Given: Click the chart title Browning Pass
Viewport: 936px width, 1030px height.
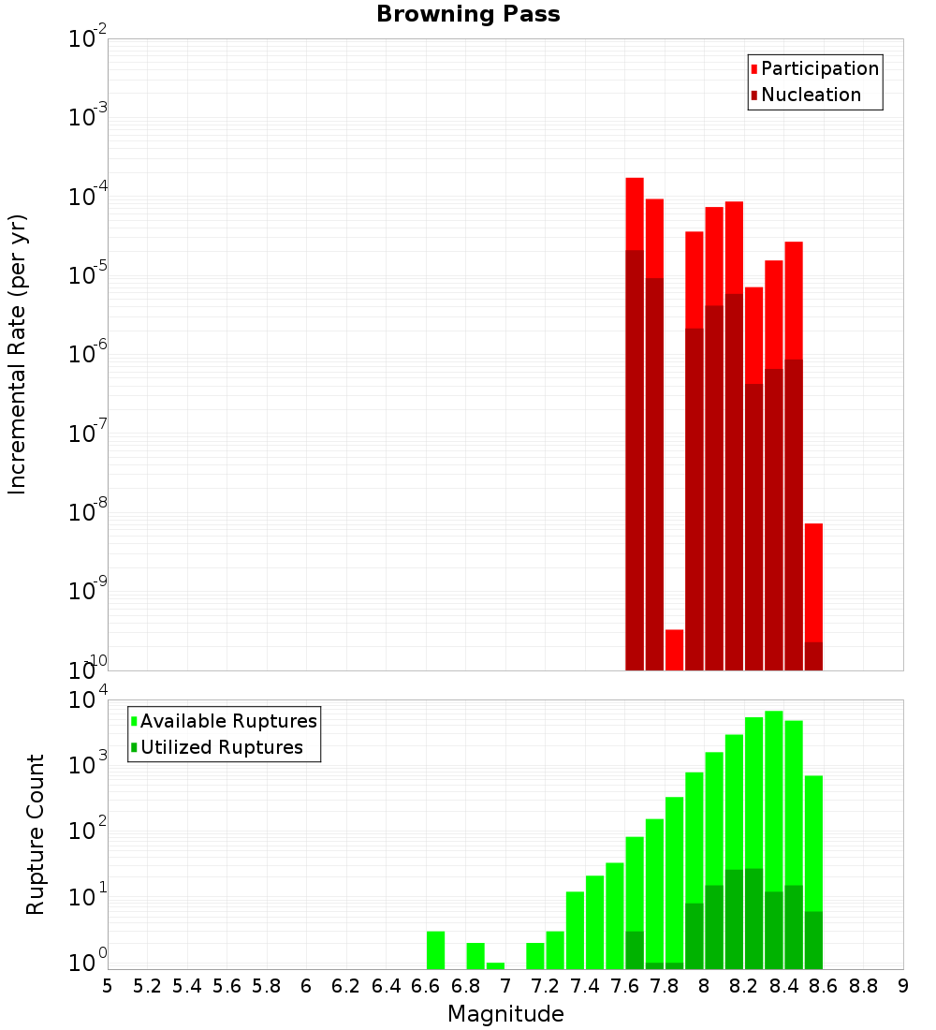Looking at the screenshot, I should pos(468,14).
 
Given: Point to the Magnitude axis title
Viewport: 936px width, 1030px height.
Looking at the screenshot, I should pos(505,1014).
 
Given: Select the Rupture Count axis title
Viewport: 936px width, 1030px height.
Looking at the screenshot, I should pos(36,833).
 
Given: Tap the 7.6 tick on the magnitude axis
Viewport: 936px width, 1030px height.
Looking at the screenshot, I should pos(624,986).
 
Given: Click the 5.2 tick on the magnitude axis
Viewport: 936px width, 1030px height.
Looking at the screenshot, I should pos(147,986).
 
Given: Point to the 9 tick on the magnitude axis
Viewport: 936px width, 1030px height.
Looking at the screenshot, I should pos(903,986).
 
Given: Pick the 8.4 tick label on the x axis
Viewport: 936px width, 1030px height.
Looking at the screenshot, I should pos(783,986).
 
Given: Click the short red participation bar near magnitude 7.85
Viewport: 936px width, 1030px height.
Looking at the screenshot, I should pos(674,650).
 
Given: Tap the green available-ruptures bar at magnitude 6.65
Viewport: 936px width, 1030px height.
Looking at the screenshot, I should pos(435,949).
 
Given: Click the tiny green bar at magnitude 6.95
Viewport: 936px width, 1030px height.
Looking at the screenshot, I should pos(495,965).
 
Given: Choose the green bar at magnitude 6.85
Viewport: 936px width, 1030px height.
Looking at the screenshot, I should pos(475,955).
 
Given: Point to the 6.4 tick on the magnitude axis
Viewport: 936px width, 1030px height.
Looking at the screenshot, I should pos(386,986).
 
